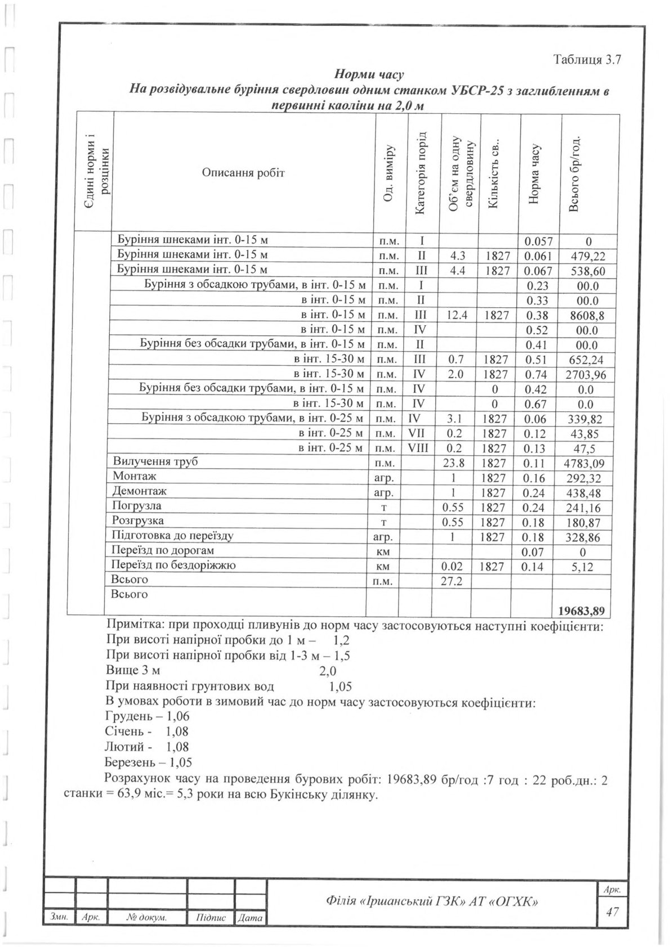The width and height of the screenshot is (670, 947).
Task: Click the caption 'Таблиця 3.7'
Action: [x=587, y=60]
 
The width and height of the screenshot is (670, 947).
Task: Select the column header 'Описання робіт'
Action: [x=243, y=172]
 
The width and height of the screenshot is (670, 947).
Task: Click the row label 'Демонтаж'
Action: [x=140, y=491]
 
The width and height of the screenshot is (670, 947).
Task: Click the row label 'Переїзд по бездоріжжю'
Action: [x=174, y=565]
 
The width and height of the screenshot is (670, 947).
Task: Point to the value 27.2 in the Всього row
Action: [x=451, y=581]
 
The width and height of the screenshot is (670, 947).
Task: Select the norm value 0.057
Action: [x=538, y=242]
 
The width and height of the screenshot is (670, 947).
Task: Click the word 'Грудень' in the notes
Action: [x=128, y=716]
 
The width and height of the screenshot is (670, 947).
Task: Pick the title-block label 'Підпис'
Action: [x=210, y=918]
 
